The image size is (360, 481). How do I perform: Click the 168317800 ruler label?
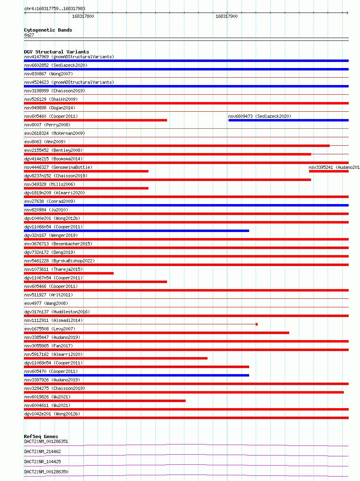[83, 17]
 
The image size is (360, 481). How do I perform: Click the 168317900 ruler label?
[227, 17]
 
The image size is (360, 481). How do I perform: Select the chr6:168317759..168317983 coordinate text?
[55, 9]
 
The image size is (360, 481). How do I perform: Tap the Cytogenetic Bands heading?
[48, 30]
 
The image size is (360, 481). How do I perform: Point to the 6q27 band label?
[30, 35]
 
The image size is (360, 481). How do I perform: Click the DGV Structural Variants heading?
[57, 52]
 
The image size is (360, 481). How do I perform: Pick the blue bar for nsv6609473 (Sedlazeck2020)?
[288, 120]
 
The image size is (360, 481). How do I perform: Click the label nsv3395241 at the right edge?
[333, 167]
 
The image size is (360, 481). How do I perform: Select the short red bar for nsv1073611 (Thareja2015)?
[69, 273]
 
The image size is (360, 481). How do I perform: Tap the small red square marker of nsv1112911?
[256, 324]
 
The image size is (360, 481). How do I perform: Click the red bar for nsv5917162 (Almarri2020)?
[116, 358]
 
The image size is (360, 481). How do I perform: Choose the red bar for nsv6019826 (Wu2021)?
[105, 401]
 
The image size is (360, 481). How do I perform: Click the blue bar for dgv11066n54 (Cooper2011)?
[136, 231]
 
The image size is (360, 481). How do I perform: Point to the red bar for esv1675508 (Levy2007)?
[157, 333]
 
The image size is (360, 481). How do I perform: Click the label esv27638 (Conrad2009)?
[50, 201]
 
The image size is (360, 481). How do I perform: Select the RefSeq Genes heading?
[41, 436]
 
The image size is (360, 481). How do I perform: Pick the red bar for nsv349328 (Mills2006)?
[86, 188]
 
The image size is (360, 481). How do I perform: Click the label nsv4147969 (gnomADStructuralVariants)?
[69, 57]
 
